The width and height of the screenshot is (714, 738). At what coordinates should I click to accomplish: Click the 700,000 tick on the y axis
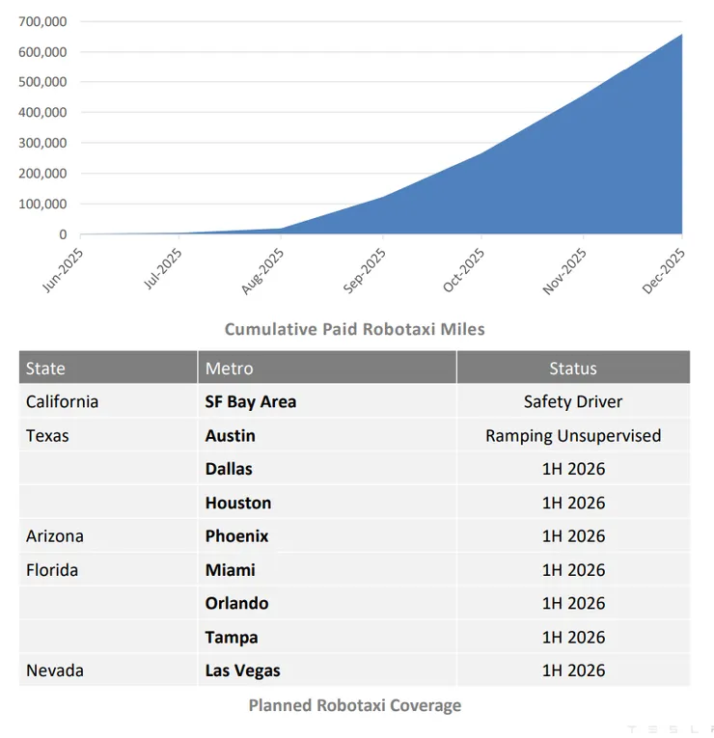41,21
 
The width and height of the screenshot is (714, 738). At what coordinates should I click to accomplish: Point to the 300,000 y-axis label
41,143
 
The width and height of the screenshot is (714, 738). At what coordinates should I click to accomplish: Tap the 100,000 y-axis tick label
41,204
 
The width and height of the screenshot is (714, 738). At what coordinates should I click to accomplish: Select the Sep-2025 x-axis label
366,269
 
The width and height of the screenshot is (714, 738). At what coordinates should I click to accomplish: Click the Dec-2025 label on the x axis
666,269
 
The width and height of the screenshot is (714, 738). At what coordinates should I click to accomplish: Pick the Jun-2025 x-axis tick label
64,269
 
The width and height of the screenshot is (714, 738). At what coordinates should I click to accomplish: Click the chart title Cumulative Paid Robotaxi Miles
354,329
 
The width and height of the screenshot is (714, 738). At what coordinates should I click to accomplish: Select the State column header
45,369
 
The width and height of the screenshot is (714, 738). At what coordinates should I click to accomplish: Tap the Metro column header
229,369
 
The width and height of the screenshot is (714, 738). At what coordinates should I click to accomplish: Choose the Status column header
573,369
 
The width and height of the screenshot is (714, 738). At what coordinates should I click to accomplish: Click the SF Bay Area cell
250,401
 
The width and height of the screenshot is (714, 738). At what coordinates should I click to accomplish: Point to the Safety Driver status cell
573,401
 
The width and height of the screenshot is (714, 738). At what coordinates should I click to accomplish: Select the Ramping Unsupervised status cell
573,435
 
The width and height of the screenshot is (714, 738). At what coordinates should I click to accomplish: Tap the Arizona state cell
55,536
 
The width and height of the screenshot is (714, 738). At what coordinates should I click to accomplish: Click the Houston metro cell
237,503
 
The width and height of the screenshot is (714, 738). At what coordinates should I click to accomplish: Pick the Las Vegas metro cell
242,670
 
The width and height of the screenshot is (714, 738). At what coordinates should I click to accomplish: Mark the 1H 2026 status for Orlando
573,603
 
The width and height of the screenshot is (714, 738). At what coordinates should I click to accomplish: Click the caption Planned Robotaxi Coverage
354,705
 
